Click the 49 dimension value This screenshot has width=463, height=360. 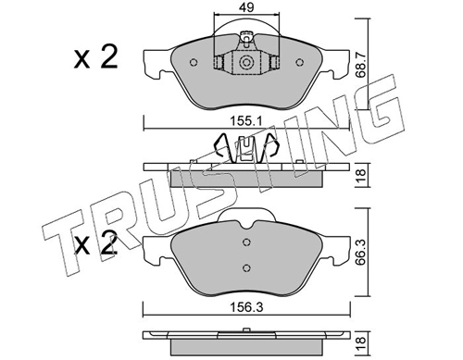pos(246,7)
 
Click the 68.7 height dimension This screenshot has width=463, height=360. pos(361,65)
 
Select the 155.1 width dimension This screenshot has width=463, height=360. pos(246,121)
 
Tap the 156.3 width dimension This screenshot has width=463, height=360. pos(246,307)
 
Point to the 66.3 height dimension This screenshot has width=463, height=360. pos(361,253)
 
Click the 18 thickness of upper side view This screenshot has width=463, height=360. pos(361,176)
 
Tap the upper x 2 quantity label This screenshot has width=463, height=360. pos(95,56)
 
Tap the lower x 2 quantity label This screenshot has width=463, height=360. pos(95,243)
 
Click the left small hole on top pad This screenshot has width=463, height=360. pos(194,62)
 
